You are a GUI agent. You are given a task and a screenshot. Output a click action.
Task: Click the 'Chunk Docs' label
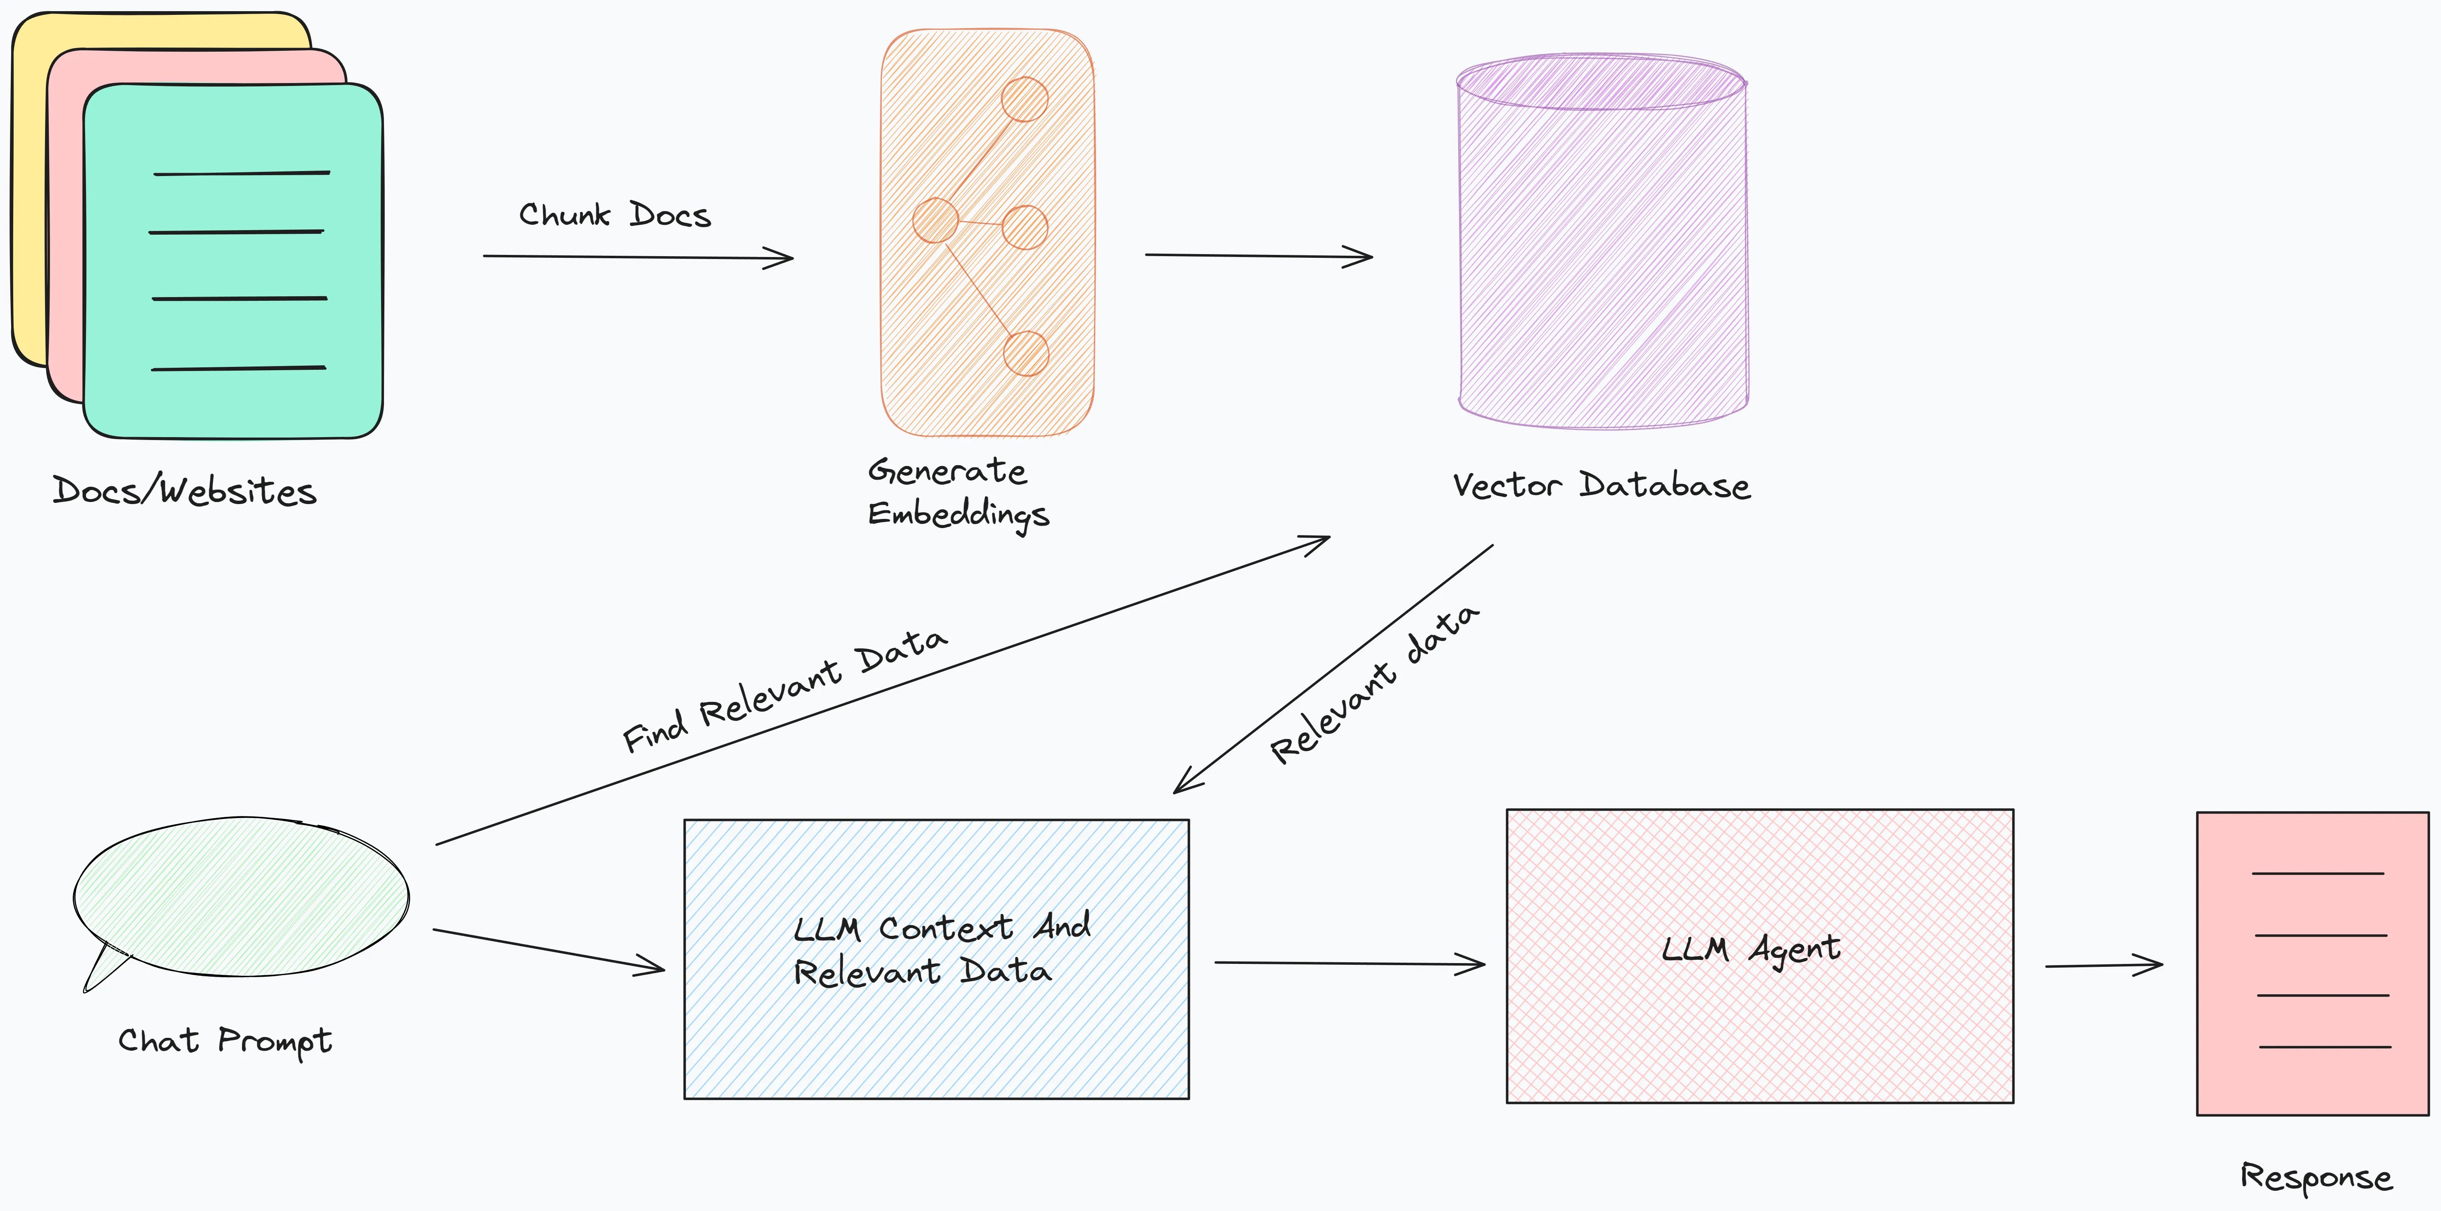[614, 215]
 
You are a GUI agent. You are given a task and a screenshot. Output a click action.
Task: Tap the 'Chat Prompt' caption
[224, 1040]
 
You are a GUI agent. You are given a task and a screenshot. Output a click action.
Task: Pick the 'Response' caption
[2315, 1177]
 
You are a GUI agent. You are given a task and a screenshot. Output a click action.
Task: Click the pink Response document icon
[2312, 963]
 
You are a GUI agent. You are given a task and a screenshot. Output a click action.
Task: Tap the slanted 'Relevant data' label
[1374, 684]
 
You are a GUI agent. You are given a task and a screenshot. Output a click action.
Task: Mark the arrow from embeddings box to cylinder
[1259, 256]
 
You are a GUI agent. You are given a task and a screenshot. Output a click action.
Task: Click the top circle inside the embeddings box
[1024, 99]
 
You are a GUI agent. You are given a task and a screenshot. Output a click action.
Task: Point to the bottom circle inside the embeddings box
[1025, 353]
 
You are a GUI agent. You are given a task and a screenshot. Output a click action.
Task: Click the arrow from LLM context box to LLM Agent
[1349, 964]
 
